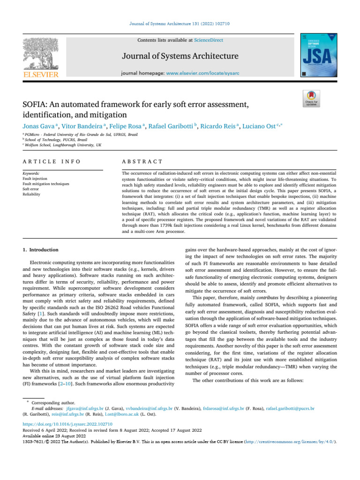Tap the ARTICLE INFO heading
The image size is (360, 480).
52,161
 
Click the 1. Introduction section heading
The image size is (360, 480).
42,250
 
